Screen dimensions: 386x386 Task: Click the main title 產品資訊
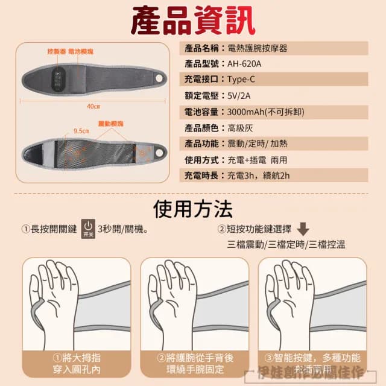192,21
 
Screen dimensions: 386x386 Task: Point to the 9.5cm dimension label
81,130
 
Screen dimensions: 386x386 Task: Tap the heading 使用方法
192,209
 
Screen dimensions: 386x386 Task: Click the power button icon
87,229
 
